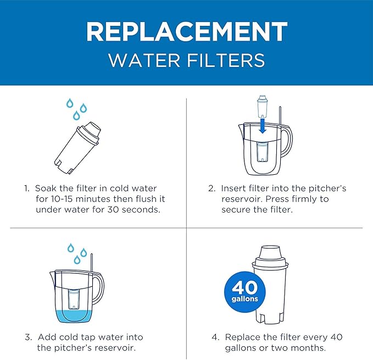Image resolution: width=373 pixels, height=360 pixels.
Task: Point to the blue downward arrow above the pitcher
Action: (262, 126)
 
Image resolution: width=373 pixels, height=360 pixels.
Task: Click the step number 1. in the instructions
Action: (27, 189)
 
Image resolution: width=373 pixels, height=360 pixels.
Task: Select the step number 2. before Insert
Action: (211, 189)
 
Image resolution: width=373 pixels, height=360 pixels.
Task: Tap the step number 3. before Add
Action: (27, 337)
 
